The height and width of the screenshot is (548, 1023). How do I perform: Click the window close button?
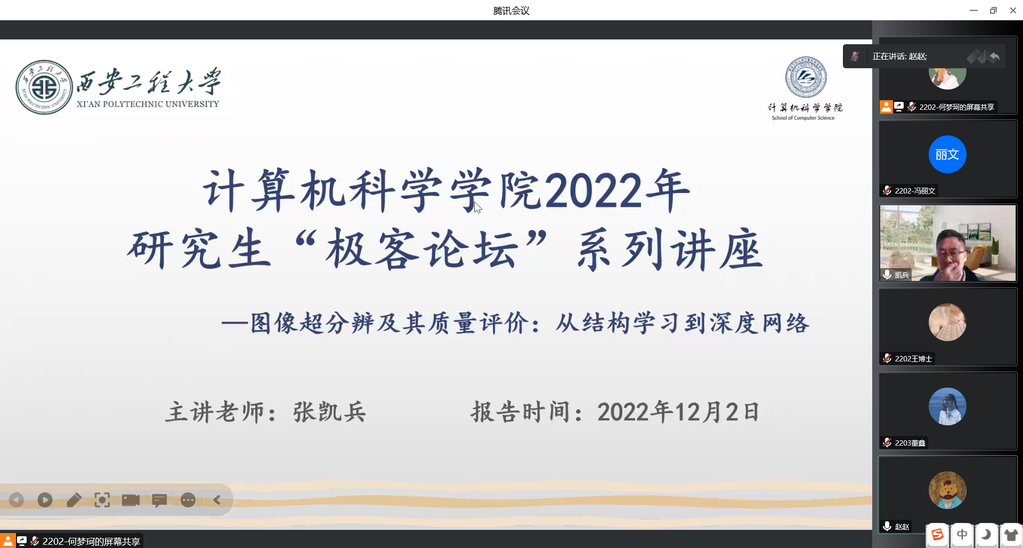tap(1013, 10)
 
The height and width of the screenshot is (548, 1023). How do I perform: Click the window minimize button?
tap(973, 10)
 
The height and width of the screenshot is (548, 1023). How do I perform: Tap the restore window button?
tap(993, 10)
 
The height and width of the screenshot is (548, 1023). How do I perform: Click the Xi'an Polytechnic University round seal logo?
tap(44, 87)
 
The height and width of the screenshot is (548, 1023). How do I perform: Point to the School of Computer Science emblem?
tap(806, 77)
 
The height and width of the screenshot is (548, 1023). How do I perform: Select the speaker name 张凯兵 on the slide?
tap(329, 412)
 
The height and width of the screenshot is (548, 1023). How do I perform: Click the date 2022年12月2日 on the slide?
tap(678, 412)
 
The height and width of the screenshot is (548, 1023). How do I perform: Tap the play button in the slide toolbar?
tap(45, 500)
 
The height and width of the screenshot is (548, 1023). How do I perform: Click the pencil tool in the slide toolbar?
tap(74, 500)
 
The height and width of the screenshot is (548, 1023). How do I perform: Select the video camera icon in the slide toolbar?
tap(131, 500)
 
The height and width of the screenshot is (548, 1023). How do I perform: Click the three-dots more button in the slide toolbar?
tap(188, 500)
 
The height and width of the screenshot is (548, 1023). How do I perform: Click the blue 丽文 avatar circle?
tap(947, 155)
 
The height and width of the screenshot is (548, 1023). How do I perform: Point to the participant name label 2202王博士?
tap(913, 359)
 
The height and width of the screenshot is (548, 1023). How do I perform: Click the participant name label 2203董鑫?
tap(910, 443)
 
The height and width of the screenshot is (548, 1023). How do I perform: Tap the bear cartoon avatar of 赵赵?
tap(947, 490)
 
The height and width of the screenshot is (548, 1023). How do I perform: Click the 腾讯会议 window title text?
tap(511, 11)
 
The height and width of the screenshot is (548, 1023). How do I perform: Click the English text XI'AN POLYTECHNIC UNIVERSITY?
tap(148, 104)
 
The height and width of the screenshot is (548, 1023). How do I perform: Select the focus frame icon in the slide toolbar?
tap(102, 500)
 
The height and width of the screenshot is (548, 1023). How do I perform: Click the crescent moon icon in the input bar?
tap(987, 535)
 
